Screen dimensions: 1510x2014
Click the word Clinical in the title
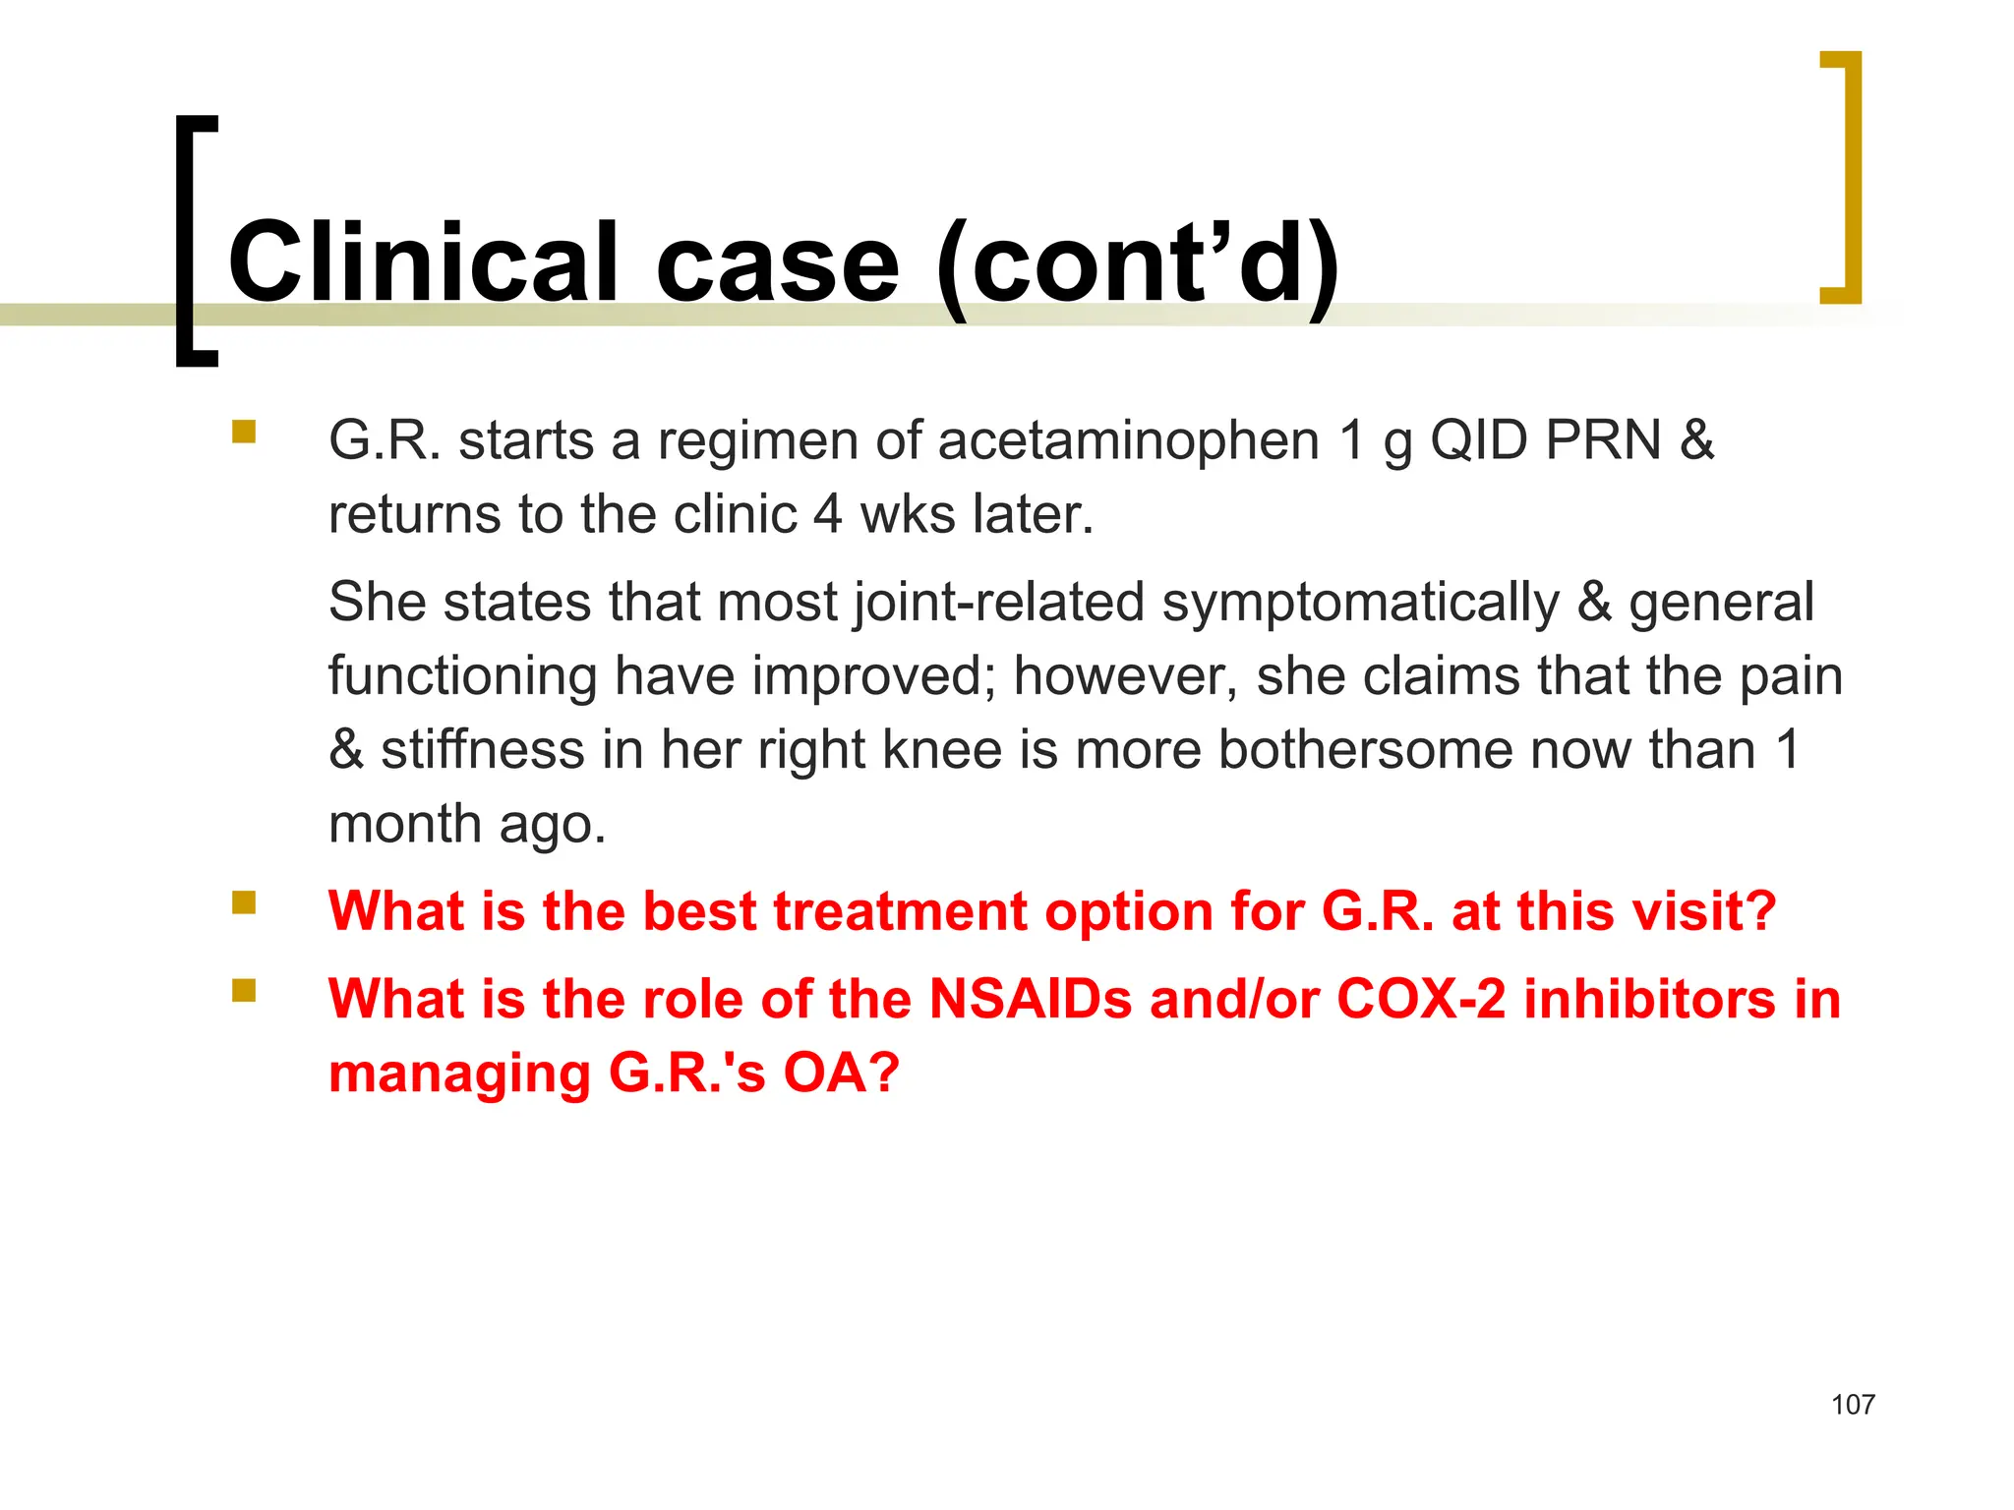[x=423, y=262]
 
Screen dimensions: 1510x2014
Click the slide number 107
[x=1853, y=1405]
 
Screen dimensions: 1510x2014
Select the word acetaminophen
[x=1128, y=440]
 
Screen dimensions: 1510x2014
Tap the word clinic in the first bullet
[x=735, y=514]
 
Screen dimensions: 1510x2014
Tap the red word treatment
[x=900, y=911]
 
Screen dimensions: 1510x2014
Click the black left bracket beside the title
[x=195, y=241]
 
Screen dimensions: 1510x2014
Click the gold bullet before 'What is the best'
[x=244, y=902]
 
